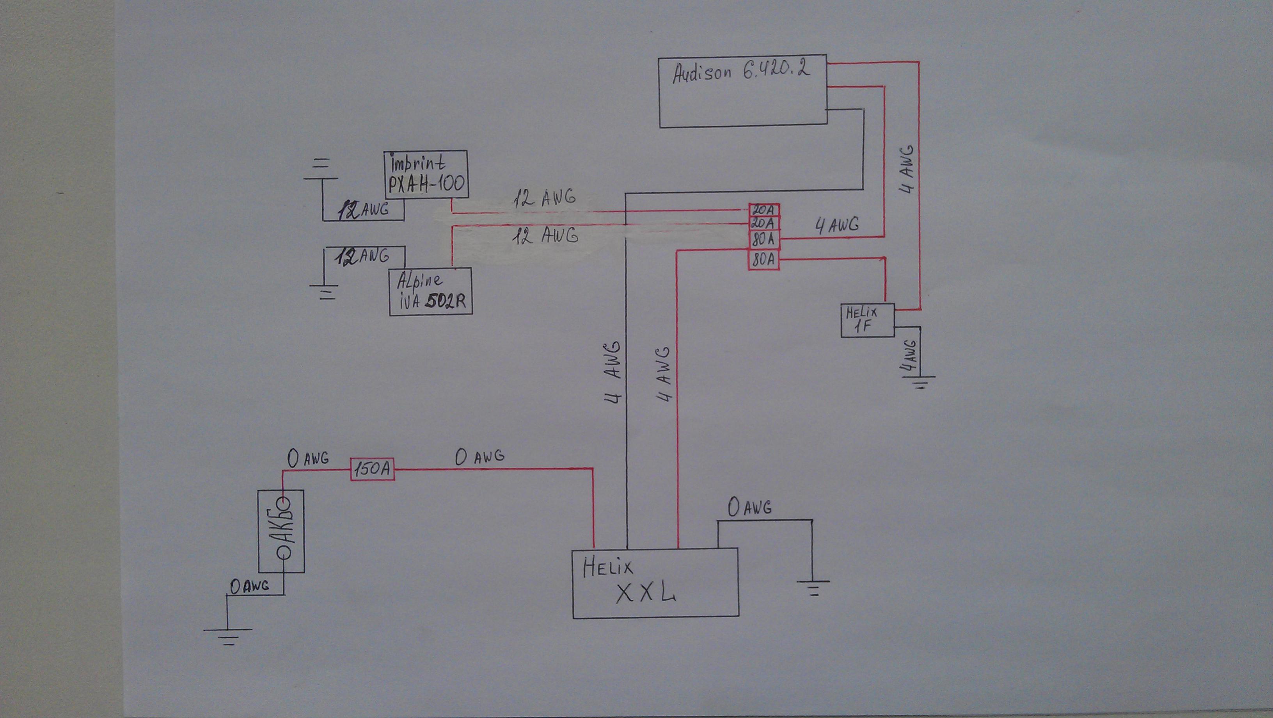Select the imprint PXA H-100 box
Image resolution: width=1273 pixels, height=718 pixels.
[x=426, y=175]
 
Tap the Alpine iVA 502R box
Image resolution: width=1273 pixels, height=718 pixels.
[x=430, y=291]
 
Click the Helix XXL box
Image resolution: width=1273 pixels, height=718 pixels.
[x=655, y=583]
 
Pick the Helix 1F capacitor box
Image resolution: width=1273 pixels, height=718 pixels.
[x=867, y=321]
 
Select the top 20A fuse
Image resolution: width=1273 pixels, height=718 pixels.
[x=764, y=210]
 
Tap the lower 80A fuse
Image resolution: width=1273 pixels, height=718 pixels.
[x=764, y=260]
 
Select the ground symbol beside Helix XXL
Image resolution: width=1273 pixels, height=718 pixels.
[x=813, y=588]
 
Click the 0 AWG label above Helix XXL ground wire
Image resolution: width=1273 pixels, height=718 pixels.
[x=749, y=507]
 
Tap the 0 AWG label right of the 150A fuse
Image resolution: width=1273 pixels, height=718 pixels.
[x=479, y=456]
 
